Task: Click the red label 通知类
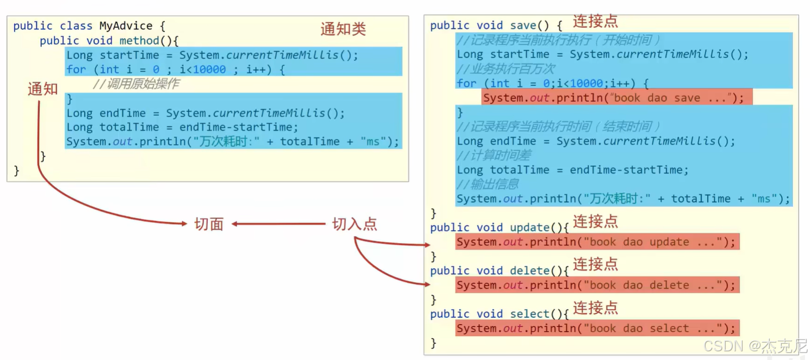343,29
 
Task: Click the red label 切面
209,224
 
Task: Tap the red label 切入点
354,224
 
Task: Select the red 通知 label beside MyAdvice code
42,89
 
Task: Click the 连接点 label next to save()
595,22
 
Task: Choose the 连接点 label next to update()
595,221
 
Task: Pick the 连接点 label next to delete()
595,264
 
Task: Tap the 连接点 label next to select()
595,308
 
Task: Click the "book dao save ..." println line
613,98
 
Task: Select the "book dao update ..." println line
596,242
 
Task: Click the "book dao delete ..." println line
596,285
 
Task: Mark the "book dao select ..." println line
596,328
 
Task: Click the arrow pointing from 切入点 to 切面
279,224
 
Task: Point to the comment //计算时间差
493,156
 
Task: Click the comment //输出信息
487,184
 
